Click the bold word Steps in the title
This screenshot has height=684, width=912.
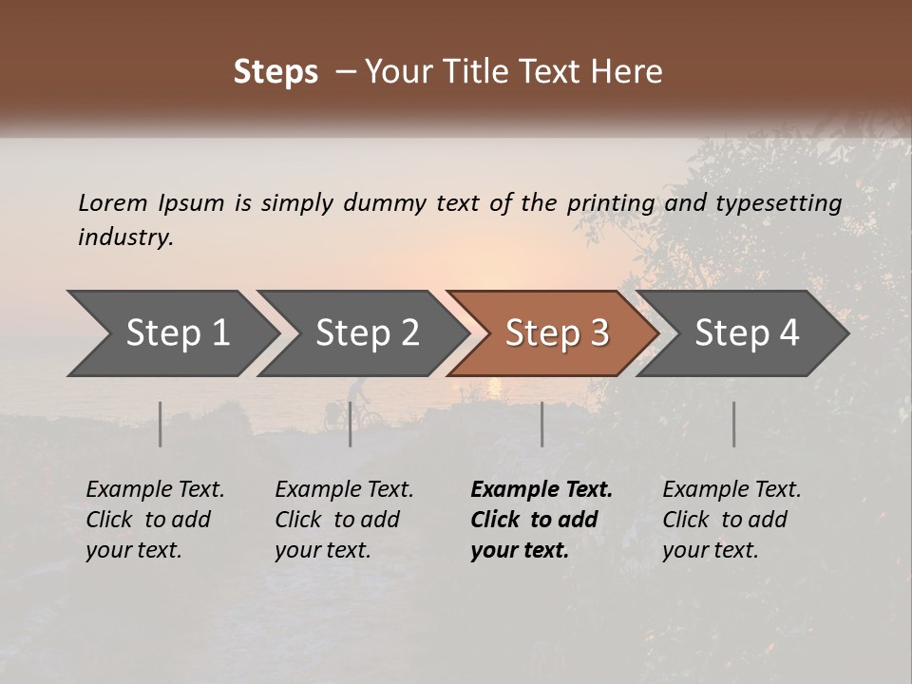coord(275,71)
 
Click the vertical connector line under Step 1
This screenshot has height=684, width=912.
coord(160,424)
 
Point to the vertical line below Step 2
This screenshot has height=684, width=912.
coord(350,424)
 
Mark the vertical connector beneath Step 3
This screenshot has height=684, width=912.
coord(541,424)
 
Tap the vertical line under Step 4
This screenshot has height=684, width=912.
coord(733,424)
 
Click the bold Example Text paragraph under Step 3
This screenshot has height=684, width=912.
coord(541,520)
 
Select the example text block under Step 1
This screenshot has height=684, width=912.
coord(155,520)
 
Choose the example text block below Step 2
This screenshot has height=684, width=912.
coord(344,520)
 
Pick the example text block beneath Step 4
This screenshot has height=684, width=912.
coord(731,520)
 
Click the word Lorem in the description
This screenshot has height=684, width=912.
coord(113,202)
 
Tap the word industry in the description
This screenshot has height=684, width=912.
coord(125,237)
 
